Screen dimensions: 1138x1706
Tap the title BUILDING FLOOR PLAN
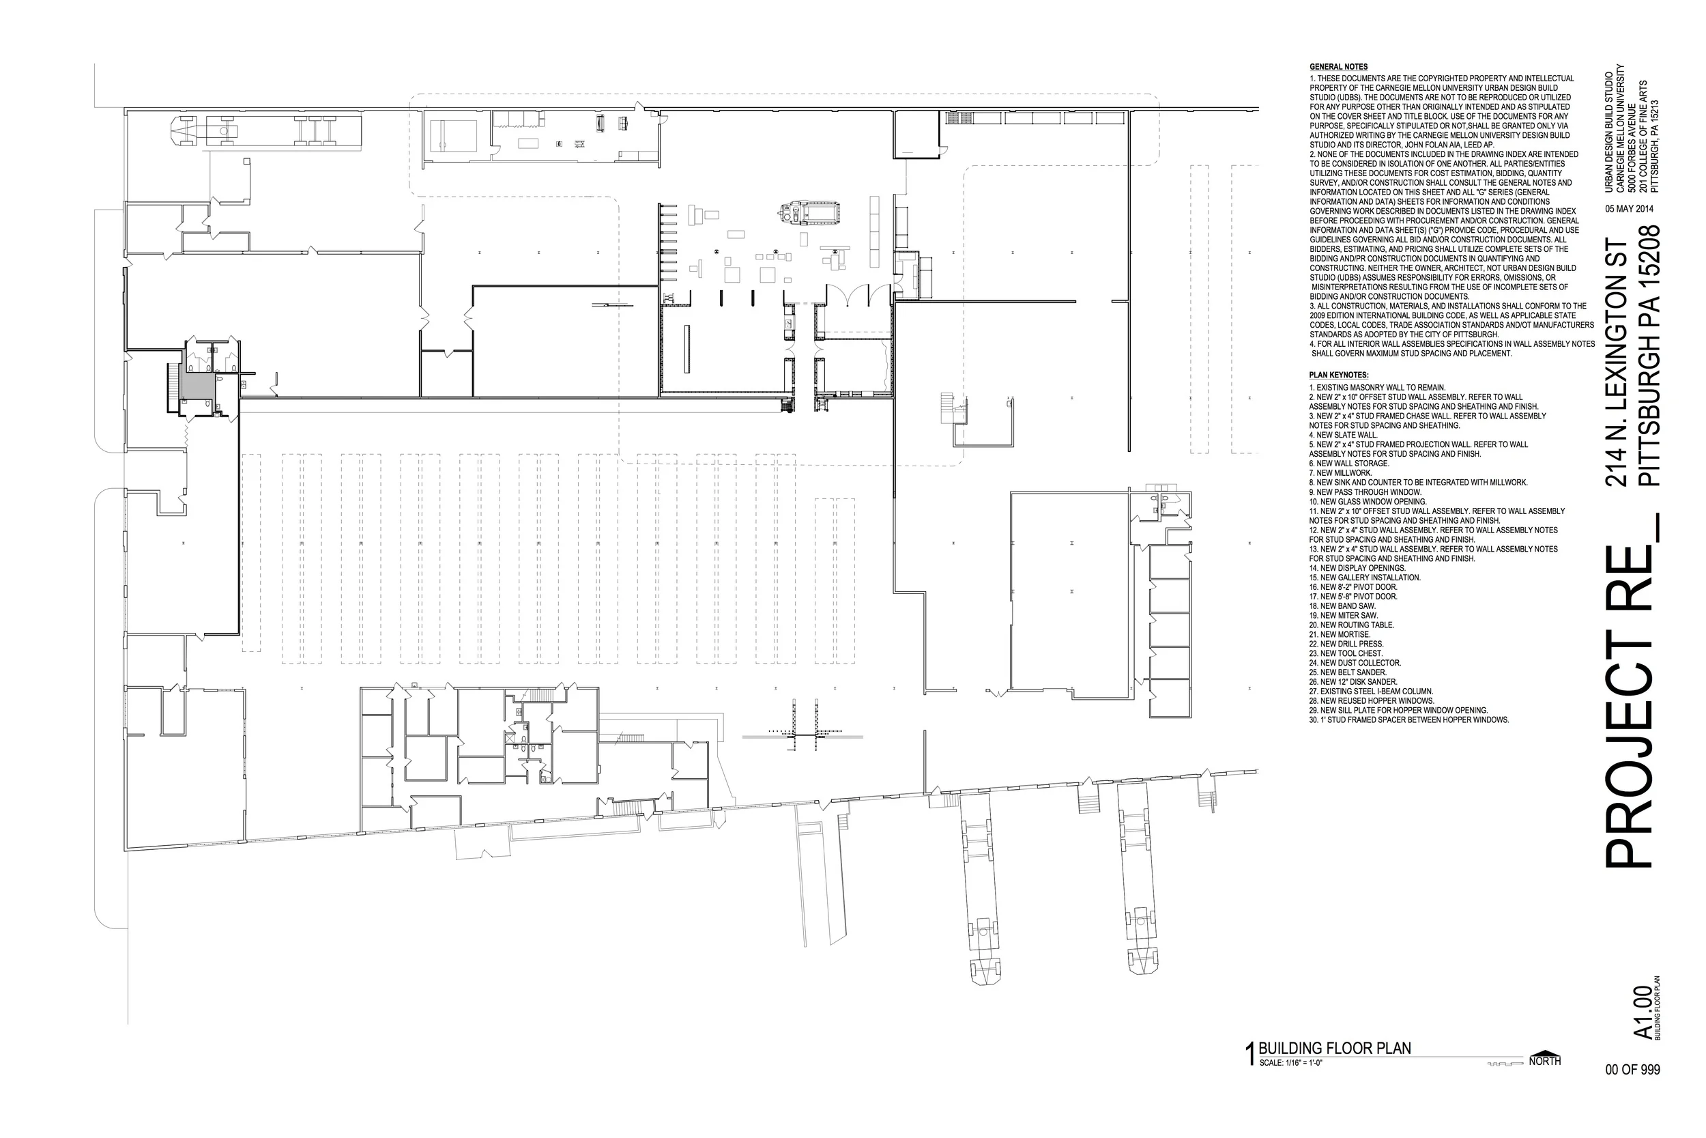click(x=1335, y=1049)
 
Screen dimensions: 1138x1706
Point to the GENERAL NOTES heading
click(x=1338, y=67)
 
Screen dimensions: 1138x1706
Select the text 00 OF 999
click(x=1632, y=1070)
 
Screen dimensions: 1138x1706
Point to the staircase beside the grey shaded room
click(x=173, y=382)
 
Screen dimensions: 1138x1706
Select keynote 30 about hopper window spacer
click(x=1408, y=720)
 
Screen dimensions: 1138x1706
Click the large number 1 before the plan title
click(x=1249, y=1055)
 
